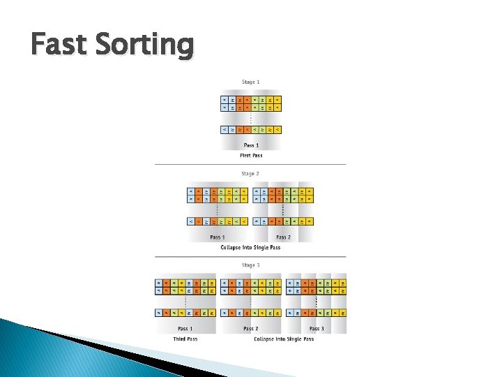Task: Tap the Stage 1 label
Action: point(250,82)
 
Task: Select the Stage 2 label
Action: point(250,174)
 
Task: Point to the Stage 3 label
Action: point(250,265)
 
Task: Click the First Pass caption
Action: point(250,156)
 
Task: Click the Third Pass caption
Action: point(185,339)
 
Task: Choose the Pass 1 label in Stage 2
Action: point(218,237)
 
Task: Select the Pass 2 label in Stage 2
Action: point(283,237)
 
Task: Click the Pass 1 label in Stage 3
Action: point(185,329)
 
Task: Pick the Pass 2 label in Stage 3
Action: point(250,329)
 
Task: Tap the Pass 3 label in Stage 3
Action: point(316,329)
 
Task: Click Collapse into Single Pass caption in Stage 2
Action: point(250,247)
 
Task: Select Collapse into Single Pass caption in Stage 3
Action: point(284,339)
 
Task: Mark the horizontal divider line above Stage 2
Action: point(250,164)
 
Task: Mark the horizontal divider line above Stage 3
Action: point(250,256)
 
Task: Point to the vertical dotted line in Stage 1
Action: point(250,119)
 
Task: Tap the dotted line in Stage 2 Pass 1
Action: point(218,209)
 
